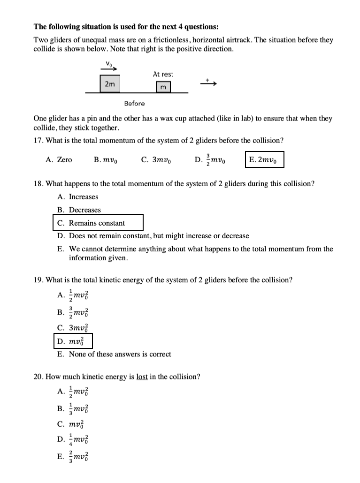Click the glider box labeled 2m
pos(110,83)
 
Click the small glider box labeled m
pos(163,87)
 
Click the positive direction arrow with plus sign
pos(209,83)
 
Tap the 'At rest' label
pos(163,74)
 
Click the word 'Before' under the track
pos(134,103)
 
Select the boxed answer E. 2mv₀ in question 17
pos(264,160)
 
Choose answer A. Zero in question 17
pos(59,160)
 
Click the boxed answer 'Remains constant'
pos(98,223)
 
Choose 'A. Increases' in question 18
pos(78,197)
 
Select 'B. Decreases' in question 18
pos(79,210)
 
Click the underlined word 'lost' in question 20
pos(142,377)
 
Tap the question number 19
pos(39,280)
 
